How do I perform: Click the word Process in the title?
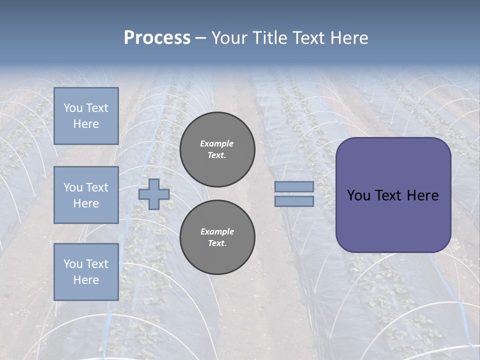[157, 38]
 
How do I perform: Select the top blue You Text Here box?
[86, 116]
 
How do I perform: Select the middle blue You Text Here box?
[86, 195]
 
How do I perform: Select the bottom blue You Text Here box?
[86, 272]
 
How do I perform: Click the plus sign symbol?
[154, 194]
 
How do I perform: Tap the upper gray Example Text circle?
[217, 149]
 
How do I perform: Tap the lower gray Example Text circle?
[217, 237]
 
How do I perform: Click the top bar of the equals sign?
[294, 186]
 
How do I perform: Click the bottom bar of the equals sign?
[294, 201]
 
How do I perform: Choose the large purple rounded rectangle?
[393, 220]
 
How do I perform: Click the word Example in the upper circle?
[217, 143]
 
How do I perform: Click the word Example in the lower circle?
[217, 231]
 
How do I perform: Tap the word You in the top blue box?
[72, 108]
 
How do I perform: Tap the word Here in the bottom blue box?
[86, 280]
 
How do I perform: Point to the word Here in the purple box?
[422, 195]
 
